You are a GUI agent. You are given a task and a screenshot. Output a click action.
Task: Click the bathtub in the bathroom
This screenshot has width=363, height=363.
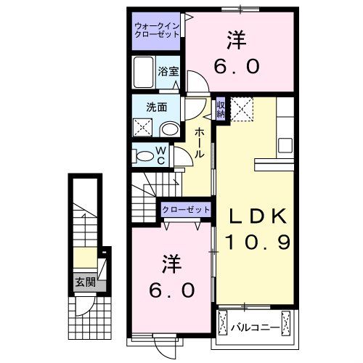coord(144,74)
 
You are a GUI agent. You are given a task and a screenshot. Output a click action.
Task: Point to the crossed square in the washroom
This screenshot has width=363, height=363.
coord(143,129)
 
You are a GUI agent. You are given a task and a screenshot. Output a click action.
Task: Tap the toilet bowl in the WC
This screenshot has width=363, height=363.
coord(145,155)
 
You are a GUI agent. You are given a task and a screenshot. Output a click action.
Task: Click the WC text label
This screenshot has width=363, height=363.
coord(163,155)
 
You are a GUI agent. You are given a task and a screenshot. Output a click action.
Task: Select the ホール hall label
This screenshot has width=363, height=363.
coord(198,142)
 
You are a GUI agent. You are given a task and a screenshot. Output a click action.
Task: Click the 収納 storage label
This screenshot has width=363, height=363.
coord(220,109)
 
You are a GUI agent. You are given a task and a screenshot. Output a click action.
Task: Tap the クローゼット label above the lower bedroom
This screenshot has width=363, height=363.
coord(186,209)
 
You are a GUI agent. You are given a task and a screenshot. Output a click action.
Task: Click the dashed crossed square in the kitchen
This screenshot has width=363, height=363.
coord(245,110)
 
